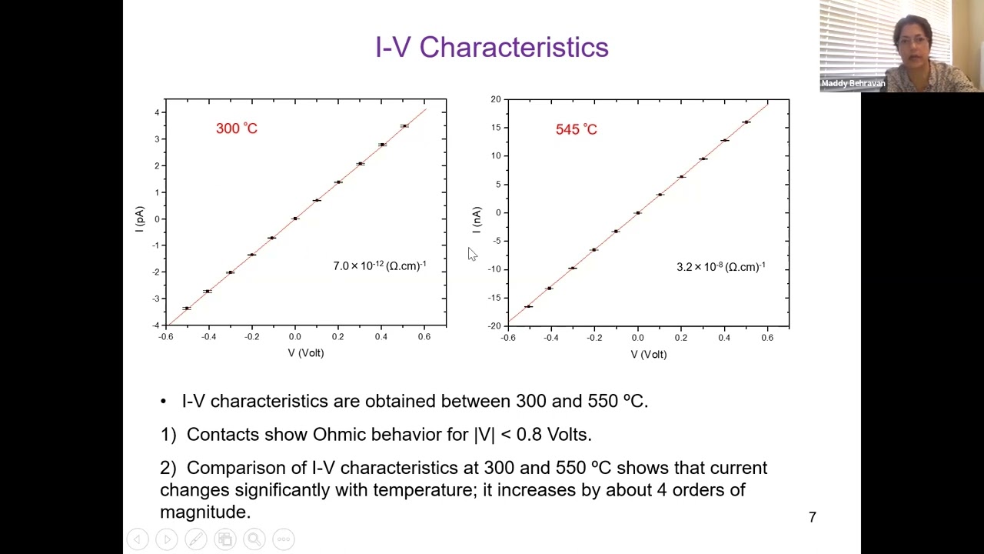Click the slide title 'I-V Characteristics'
pos(492,47)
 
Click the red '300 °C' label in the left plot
pos(236,128)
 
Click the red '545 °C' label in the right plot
pos(576,129)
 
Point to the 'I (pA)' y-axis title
pos(139,219)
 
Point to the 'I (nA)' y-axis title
pos(477,220)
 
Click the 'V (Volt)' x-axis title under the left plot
pos(306,353)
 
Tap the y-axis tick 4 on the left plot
pos(157,112)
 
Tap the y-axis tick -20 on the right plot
pos(495,326)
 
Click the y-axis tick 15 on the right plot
pos(496,128)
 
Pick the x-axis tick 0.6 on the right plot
pos(767,338)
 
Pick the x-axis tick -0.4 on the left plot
pos(208,336)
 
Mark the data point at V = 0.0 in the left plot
pos(295,219)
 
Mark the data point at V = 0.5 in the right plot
pos(746,122)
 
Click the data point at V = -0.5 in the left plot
pos(186,309)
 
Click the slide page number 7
pos(812,517)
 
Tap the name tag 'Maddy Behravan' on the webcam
pos(853,83)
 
